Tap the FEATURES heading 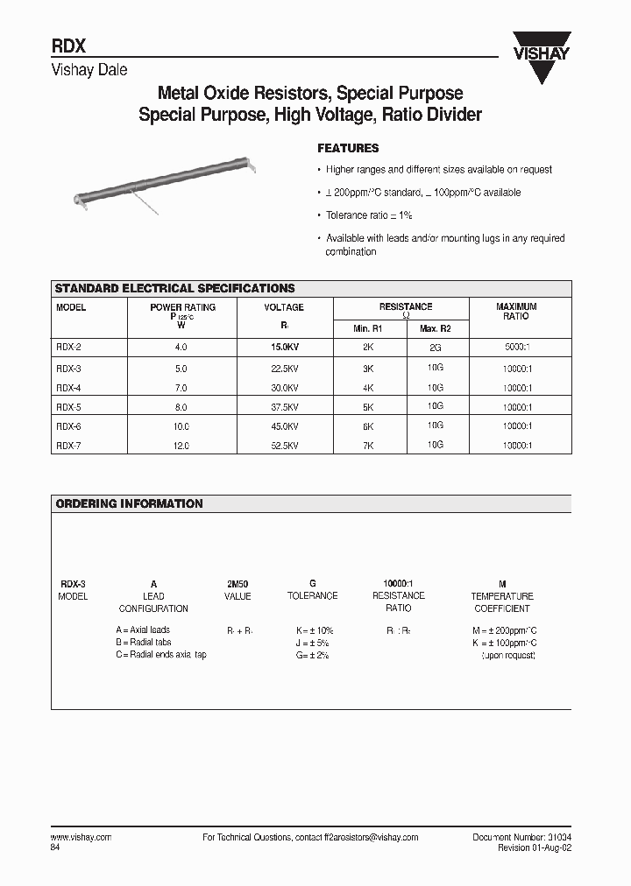point(348,149)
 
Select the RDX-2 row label point(69,348)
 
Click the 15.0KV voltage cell point(284,348)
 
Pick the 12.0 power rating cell point(181,446)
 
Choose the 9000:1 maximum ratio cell point(516,348)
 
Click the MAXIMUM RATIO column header point(516,312)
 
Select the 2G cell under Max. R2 point(436,348)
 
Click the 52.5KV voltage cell point(284,446)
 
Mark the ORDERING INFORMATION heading point(129,504)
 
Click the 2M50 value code point(238,584)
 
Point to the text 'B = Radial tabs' point(145,642)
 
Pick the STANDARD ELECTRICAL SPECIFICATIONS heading point(175,289)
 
